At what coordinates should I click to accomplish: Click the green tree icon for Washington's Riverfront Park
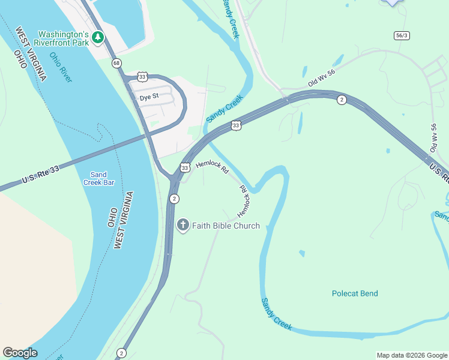tap(97, 38)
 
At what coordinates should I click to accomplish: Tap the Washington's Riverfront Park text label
tap(63, 38)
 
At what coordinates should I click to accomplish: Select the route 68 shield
tap(116, 63)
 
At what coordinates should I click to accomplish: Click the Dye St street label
tap(149, 97)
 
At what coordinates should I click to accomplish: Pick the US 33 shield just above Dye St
tap(142, 76)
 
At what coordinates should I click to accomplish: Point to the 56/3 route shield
tap(402, 35)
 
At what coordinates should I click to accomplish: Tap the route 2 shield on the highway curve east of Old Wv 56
tap(341, 100)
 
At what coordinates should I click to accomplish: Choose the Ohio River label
tap(61, 67)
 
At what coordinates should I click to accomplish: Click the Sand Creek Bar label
tap(98, 178)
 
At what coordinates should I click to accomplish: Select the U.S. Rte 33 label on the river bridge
tap(41, 175)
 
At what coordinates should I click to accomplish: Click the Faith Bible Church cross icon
tap(183, 226)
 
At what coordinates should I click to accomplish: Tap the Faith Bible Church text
tap(226, 226)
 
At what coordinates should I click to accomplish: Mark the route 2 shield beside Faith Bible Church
tap(174, 199)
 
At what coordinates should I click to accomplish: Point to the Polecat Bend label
tap(355, 293)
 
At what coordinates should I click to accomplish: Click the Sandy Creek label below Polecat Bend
tap(276, 314)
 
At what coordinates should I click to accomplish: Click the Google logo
tap(20, 353)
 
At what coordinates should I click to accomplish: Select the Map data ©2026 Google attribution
tap(411, 355)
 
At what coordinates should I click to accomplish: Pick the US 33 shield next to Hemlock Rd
tap(185, 168)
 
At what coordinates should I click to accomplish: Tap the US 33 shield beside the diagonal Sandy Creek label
tap(236, 125)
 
